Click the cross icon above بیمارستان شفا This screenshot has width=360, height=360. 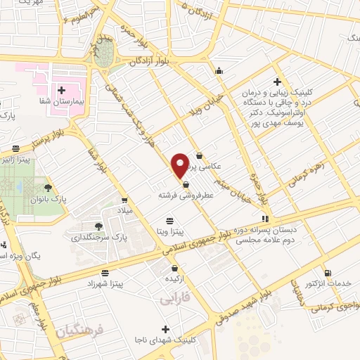(x=61, y=90)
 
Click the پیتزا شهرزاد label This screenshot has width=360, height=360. (x=105, y=283)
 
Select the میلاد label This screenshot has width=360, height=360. (x=124, y=211)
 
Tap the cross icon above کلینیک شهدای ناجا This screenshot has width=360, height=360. (x=166, y=328)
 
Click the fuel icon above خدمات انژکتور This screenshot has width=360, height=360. (x=327, y=274)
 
